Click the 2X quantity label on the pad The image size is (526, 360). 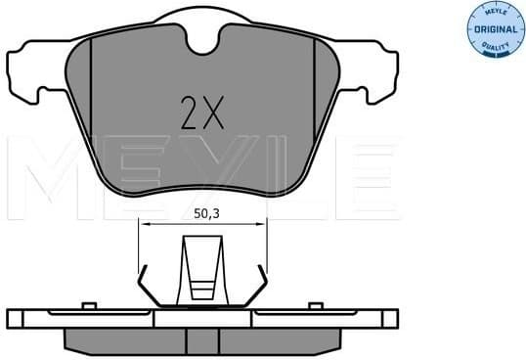point(201,113)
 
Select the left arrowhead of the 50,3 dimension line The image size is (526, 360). point(144,224)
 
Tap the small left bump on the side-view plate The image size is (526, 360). point(87,306)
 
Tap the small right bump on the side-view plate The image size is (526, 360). point(316,306)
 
